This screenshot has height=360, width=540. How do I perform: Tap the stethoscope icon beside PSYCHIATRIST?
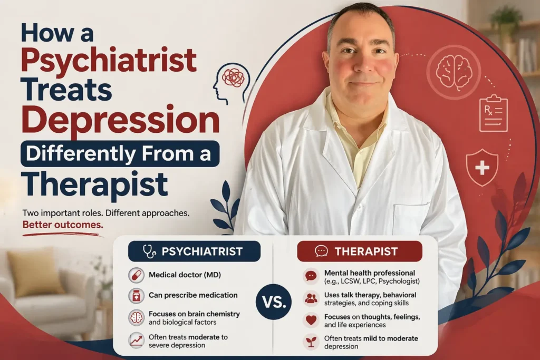click(149, 251)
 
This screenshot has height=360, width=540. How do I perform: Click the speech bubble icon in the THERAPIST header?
click(321, 251)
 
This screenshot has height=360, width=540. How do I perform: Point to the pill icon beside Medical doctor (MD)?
click(136, 276)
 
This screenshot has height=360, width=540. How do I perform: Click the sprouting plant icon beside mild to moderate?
click(311, 342)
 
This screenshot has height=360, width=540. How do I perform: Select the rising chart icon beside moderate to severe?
click(136, 340)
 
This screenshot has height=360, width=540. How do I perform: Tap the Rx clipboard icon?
click(493, 113)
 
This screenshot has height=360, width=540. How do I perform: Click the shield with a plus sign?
click(482, 167)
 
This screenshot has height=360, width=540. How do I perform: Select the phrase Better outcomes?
click(63, 224)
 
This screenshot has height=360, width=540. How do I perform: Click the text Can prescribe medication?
click(193, 295)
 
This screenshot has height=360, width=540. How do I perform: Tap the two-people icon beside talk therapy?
click(311, 298)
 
